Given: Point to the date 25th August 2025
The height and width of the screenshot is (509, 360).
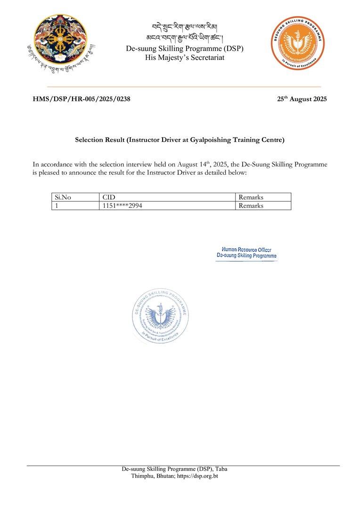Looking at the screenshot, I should tap(302, 99).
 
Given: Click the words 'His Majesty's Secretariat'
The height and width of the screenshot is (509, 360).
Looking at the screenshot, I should tap(184, 57).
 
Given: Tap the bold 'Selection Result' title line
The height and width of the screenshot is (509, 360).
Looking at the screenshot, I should tap(180, 140).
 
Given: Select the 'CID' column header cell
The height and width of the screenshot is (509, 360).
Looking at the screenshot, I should tap(109, 197).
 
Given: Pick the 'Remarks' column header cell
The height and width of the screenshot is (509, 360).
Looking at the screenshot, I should tap(251, 197).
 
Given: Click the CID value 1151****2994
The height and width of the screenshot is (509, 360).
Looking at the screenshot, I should tap(122, 205).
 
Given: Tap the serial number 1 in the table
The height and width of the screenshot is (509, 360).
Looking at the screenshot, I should tap(57, 205).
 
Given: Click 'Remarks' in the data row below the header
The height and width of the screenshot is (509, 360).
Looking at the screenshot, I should tap(251, 205).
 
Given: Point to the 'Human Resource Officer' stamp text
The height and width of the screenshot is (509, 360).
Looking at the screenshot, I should tap(246, 250).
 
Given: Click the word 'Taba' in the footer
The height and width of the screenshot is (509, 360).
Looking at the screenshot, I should tap(221, 469).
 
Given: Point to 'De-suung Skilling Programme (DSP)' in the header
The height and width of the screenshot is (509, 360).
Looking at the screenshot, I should tap(184, 49).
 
